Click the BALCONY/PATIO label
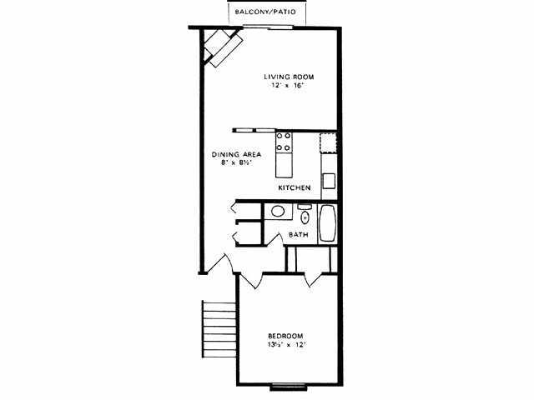coord(269,13)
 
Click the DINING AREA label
coord(237,155)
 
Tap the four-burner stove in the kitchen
coord(284,142)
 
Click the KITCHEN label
coord(295,188)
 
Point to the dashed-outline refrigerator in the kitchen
coord(329,142)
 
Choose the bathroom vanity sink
coord(276,212)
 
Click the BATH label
coord(299,235)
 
